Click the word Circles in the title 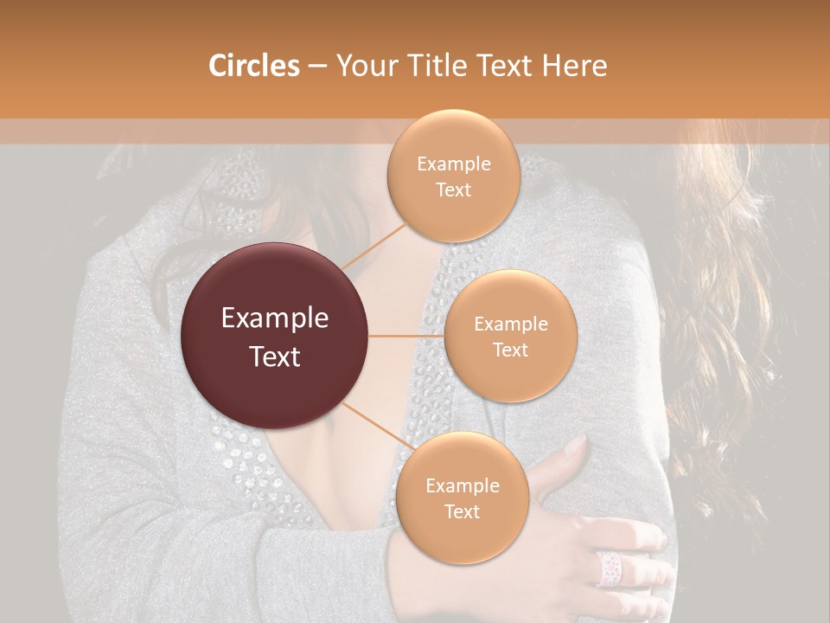(x=254, y=66)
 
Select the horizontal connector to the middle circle (x=406, y=336)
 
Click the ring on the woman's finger (x=609, y=568)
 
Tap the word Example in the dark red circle (x=275, y=318)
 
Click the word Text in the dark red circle (x=275, y=356)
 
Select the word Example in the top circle (x=453, y=164)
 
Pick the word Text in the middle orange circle (x=510, y=350)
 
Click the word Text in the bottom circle (x=462, y=511)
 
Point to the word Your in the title (x=363, y=66)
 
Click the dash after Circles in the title (x=316, y=67)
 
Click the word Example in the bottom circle (x=462, y=485)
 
